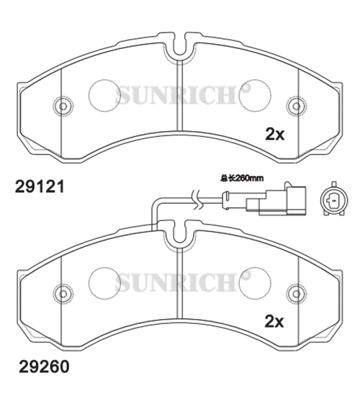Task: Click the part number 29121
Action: coord(40,187)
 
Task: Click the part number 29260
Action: coord(44,366)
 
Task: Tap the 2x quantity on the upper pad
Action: coord(274,134)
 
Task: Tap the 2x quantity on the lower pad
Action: coord(274,322)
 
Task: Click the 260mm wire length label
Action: coord(242,179)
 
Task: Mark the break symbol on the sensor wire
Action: coord(197,199)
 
